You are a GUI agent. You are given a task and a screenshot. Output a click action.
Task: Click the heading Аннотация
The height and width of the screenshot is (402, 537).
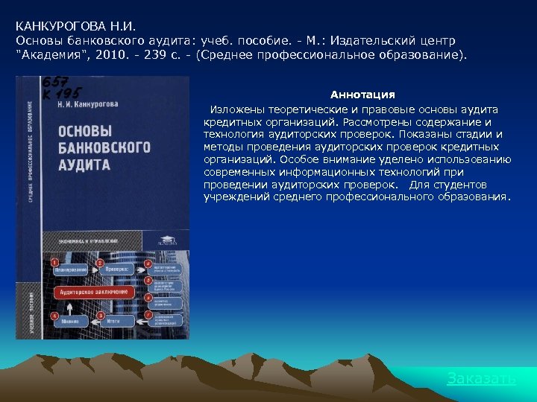[x=362, y=95]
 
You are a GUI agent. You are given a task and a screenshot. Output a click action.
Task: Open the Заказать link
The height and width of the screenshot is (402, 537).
[x=481, y=379]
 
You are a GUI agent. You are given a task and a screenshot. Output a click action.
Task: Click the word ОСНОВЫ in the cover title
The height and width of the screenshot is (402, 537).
[x=85, y=131]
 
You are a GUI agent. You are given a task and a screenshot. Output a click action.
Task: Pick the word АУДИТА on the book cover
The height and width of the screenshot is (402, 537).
[x=84, y=165]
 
